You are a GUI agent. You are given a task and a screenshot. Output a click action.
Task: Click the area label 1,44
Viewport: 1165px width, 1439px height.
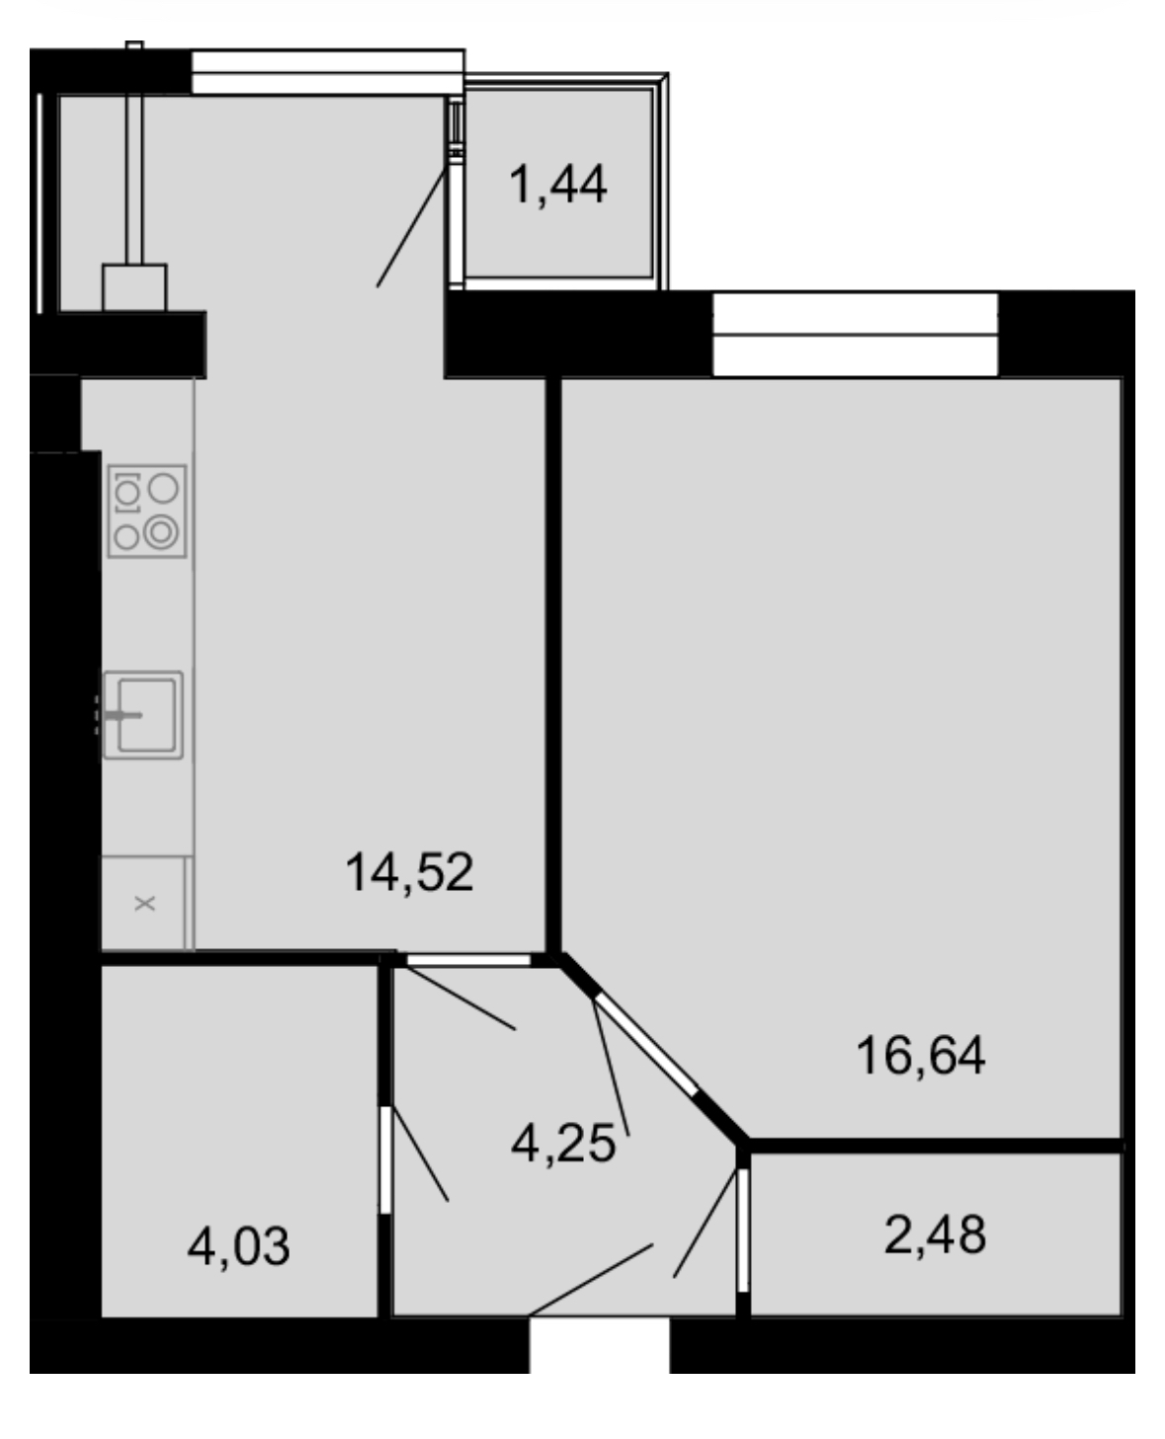pos(557,185)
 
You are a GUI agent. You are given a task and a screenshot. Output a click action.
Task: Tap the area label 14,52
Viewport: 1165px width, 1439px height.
pos(409,872)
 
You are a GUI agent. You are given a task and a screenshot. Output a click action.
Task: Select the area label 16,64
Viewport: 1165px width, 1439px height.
pos(920,1055)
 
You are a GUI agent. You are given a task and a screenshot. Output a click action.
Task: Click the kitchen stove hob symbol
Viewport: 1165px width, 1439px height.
pos(146,511)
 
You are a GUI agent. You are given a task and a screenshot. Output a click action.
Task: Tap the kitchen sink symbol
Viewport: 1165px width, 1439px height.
pos(142,715)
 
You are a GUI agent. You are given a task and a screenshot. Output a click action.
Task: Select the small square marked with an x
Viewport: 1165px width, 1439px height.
pos(143,904)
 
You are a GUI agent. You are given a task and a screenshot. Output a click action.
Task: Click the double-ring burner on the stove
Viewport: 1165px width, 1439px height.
pos(161,532)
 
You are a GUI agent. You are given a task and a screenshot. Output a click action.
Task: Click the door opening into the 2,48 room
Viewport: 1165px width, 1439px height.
pos(743,1231)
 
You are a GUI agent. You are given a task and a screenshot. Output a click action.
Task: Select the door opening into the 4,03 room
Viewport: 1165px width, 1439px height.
pos(385,1159)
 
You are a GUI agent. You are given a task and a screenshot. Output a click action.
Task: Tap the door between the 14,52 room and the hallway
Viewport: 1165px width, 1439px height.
pos(468,960)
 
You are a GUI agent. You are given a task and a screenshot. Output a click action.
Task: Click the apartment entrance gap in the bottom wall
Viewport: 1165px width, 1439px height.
pos(600,1344)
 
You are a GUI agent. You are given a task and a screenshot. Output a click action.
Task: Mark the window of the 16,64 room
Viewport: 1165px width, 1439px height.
pos(855,335)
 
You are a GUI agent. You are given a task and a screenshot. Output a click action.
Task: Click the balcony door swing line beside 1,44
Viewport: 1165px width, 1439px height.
pos(411,228)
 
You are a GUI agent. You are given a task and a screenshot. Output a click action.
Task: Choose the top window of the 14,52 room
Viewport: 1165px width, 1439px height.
pos(328,72)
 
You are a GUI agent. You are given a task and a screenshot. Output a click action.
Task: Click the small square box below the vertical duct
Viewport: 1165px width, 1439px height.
pos(134,287)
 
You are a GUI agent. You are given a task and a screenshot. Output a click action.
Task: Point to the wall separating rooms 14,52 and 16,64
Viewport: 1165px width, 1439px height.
pos(552,666)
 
